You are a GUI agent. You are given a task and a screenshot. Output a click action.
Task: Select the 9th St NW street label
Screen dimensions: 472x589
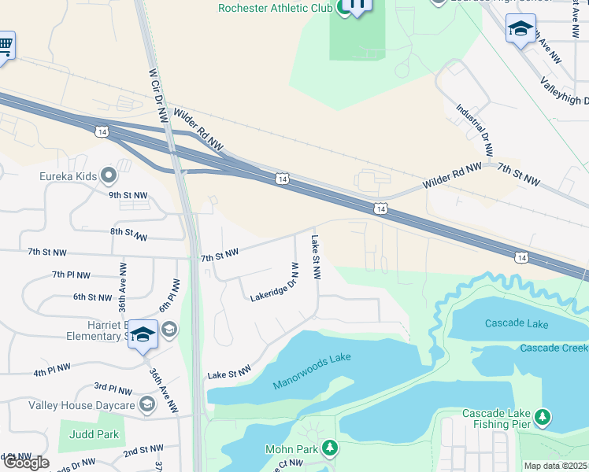point(128,194)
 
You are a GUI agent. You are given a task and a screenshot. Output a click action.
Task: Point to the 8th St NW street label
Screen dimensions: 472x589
point(129,234)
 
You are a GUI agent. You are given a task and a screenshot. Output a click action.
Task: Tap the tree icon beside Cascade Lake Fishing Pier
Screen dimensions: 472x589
point(542,416)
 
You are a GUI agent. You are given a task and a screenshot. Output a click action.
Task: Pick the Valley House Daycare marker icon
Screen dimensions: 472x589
point(146,404)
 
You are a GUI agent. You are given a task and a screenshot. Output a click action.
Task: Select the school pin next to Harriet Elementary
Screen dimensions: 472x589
point(143,336)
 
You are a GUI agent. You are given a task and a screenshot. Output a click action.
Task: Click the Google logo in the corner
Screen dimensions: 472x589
point(25,463)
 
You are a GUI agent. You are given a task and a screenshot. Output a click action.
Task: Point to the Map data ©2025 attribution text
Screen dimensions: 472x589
point(556,466)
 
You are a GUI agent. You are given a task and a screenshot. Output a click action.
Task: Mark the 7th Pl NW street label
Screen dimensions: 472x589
point(71,275)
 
